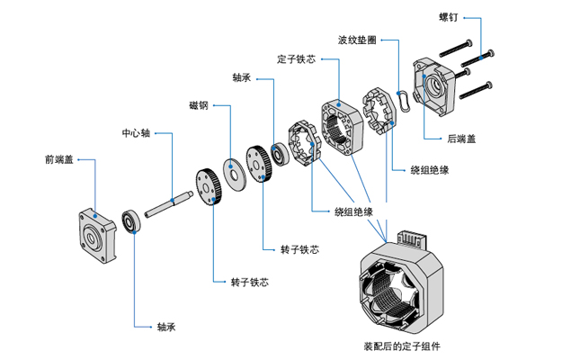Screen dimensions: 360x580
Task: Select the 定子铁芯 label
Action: click(x=296, y=59)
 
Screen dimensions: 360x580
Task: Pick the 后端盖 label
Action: click(x=461, y=139)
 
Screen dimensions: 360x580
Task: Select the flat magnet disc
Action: click(x=237, y=171)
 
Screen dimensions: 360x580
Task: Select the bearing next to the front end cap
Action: click(x=132, y=221)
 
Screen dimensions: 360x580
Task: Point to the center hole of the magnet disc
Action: click(x=237, y=171)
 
